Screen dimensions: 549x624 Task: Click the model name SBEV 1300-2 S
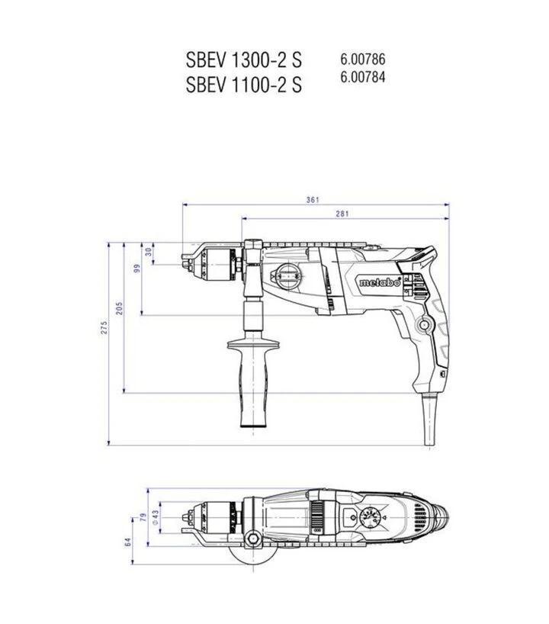click(x=244, y=60)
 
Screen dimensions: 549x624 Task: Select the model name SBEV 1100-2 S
click(x=244, y=85)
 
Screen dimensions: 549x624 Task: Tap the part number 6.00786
click(x=363, y=59)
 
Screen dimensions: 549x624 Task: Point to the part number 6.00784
click(x=363, y=77)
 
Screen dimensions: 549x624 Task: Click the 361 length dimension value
click(x=313, y=200)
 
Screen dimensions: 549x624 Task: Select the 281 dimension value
click(x=342, y=214)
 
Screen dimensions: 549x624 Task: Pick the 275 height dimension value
click(x=104, y=327)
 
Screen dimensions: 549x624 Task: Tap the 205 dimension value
click(x=120, y=308)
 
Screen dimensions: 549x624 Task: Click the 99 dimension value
click(x=137, y=269)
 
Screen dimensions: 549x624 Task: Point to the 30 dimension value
click(x=149, y=252)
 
